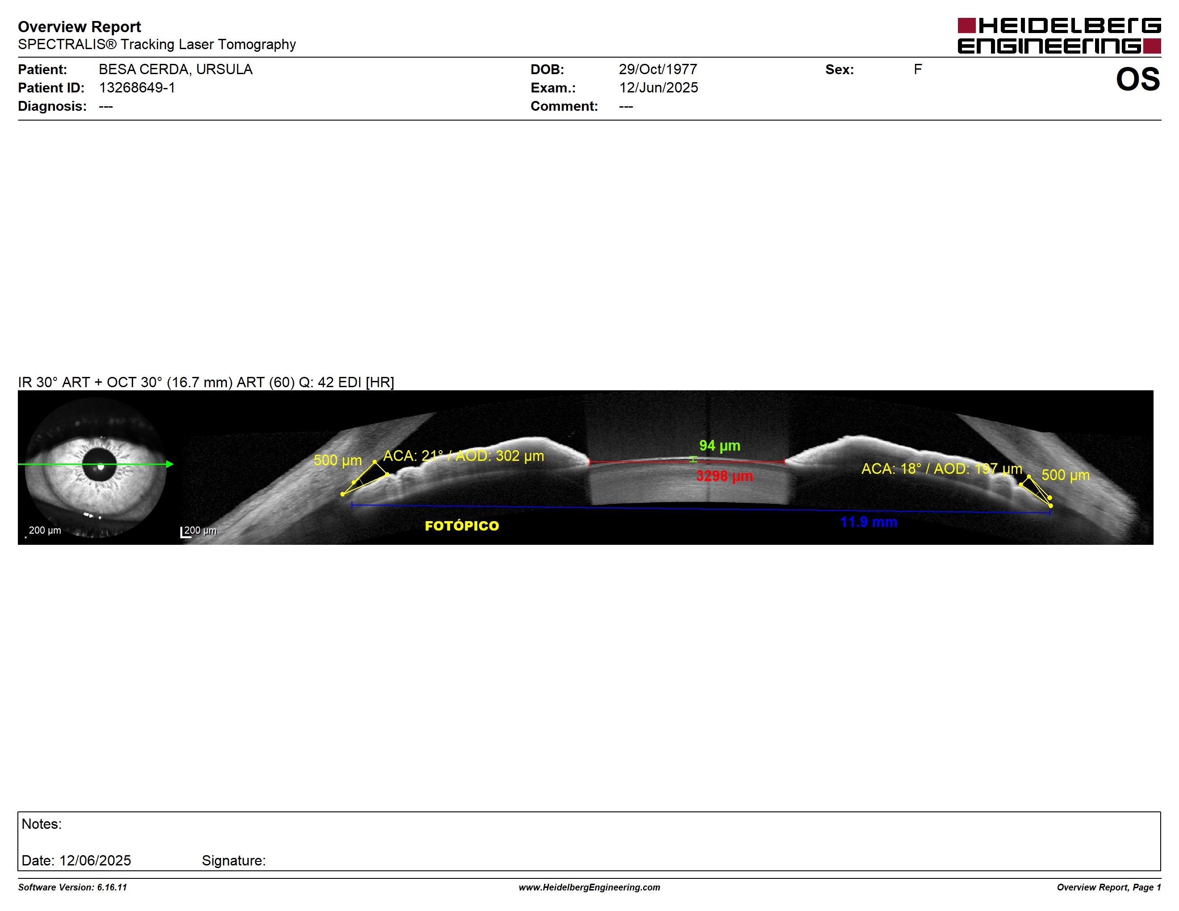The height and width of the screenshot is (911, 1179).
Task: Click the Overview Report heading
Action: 79,26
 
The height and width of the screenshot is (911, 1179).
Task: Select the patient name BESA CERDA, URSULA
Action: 176,69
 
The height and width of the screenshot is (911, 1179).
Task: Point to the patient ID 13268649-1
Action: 137,88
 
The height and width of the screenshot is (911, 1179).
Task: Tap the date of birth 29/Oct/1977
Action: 657,69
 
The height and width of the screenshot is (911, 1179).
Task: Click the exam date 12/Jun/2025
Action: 658,88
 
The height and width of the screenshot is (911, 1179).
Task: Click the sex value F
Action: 918,69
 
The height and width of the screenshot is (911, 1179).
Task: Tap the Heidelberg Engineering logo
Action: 1059,36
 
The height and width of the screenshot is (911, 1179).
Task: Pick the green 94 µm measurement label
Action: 719,446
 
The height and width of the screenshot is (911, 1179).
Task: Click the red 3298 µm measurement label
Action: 724,476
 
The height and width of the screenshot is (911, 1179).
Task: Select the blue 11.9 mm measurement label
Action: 869,522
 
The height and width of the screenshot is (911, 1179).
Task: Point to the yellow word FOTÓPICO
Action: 462,526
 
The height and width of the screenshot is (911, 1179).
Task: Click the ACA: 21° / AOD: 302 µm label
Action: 463,456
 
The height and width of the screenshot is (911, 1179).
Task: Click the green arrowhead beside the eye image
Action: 170,464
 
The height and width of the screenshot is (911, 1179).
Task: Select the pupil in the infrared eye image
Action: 100,466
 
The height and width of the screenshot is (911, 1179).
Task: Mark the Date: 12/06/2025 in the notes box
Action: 76,860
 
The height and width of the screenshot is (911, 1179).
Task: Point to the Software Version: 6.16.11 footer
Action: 72,887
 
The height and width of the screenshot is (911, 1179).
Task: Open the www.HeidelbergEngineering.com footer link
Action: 589,887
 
